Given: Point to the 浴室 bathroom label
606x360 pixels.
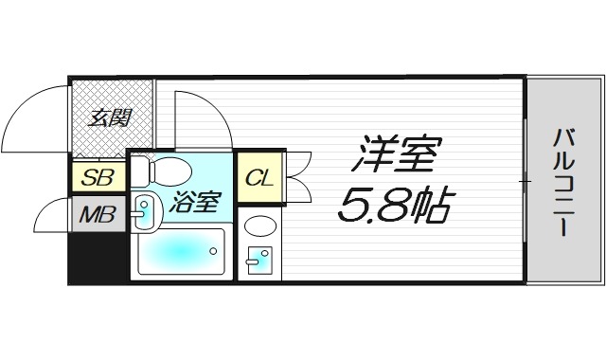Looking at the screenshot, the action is (x=195, y=202).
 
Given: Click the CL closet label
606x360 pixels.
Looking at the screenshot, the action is (x=259, y=177).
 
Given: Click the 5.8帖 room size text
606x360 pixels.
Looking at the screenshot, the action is (x=395, y=203).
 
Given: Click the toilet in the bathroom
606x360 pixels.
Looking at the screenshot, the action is (x=162, y=171).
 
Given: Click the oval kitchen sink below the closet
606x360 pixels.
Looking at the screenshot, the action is (x=259, y=228).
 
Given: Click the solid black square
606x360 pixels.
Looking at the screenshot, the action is (x=96, y=258).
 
